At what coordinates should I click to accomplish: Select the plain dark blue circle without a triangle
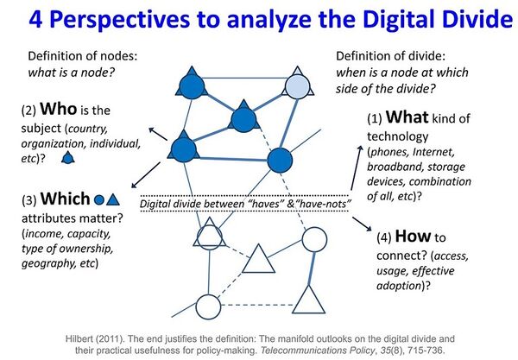point(278,161)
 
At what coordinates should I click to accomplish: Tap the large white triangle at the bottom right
point(307,299)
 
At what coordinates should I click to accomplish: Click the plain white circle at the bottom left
point(208,306)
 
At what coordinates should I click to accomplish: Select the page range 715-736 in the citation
point(422,343)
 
